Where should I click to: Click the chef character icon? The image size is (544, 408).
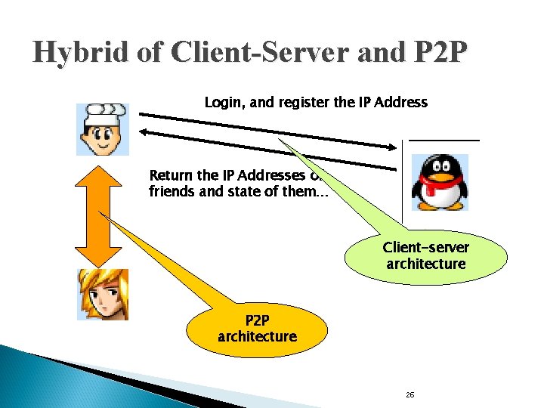[103, 130]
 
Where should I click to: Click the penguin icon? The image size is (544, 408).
[439, 182]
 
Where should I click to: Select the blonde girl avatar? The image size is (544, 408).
[103, 294]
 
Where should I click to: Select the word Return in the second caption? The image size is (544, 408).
[171, 176]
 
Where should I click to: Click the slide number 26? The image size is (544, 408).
[410, 395]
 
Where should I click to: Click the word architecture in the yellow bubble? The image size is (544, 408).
[257, 337]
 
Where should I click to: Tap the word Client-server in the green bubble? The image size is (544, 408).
[425, 248]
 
